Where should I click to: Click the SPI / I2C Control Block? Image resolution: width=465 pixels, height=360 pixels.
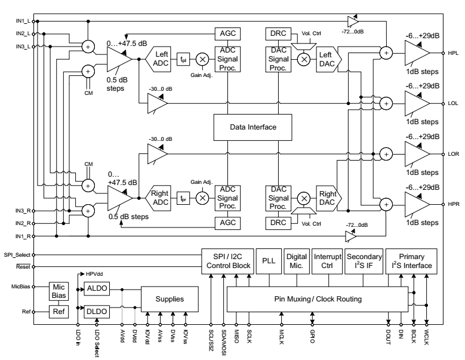[x=227, y=261]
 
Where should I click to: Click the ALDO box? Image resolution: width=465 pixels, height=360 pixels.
[x=96, y=288]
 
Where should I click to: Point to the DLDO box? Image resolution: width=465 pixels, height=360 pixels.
[x=96, y=311]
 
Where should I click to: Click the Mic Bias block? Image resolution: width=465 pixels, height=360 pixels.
[x=58, y=291]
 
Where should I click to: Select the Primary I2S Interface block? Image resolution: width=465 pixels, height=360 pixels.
[x=411, y=261]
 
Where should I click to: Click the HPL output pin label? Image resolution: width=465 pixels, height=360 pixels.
[x=453, y=53]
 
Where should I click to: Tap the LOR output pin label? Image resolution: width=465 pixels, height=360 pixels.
[x=453, y=153]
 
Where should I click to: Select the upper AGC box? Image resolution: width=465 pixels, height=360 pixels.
[x=229, y=33]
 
